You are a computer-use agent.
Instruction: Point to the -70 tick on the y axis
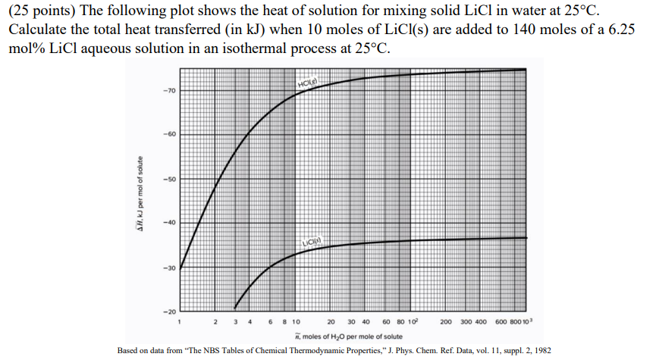[x=168, y=90]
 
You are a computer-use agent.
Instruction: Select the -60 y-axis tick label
[x=168, y=134]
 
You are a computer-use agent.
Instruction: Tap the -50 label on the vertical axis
[x=168, y=179]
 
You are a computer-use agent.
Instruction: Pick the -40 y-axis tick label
[x=168, y=223]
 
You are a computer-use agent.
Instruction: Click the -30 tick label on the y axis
[x=168, y=268]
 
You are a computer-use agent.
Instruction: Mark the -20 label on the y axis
[x=168, y=311]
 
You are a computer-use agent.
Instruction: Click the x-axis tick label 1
[x=179, y=322]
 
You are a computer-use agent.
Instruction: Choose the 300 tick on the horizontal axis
[x=464, y=322]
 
